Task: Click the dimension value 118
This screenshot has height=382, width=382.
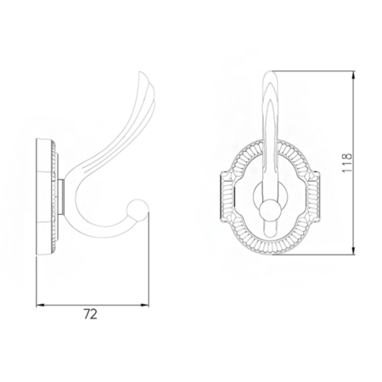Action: click(347, 163)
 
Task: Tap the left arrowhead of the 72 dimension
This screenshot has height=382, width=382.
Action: click(40, 306)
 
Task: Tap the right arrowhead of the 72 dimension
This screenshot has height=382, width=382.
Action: click(145, 306)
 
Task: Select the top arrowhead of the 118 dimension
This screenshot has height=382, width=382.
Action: click(353, 75)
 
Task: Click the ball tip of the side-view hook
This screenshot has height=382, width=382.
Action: click(138, 208)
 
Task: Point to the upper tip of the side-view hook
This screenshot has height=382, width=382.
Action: click(140, 73)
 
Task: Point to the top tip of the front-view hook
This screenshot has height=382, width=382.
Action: click(271, 72)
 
